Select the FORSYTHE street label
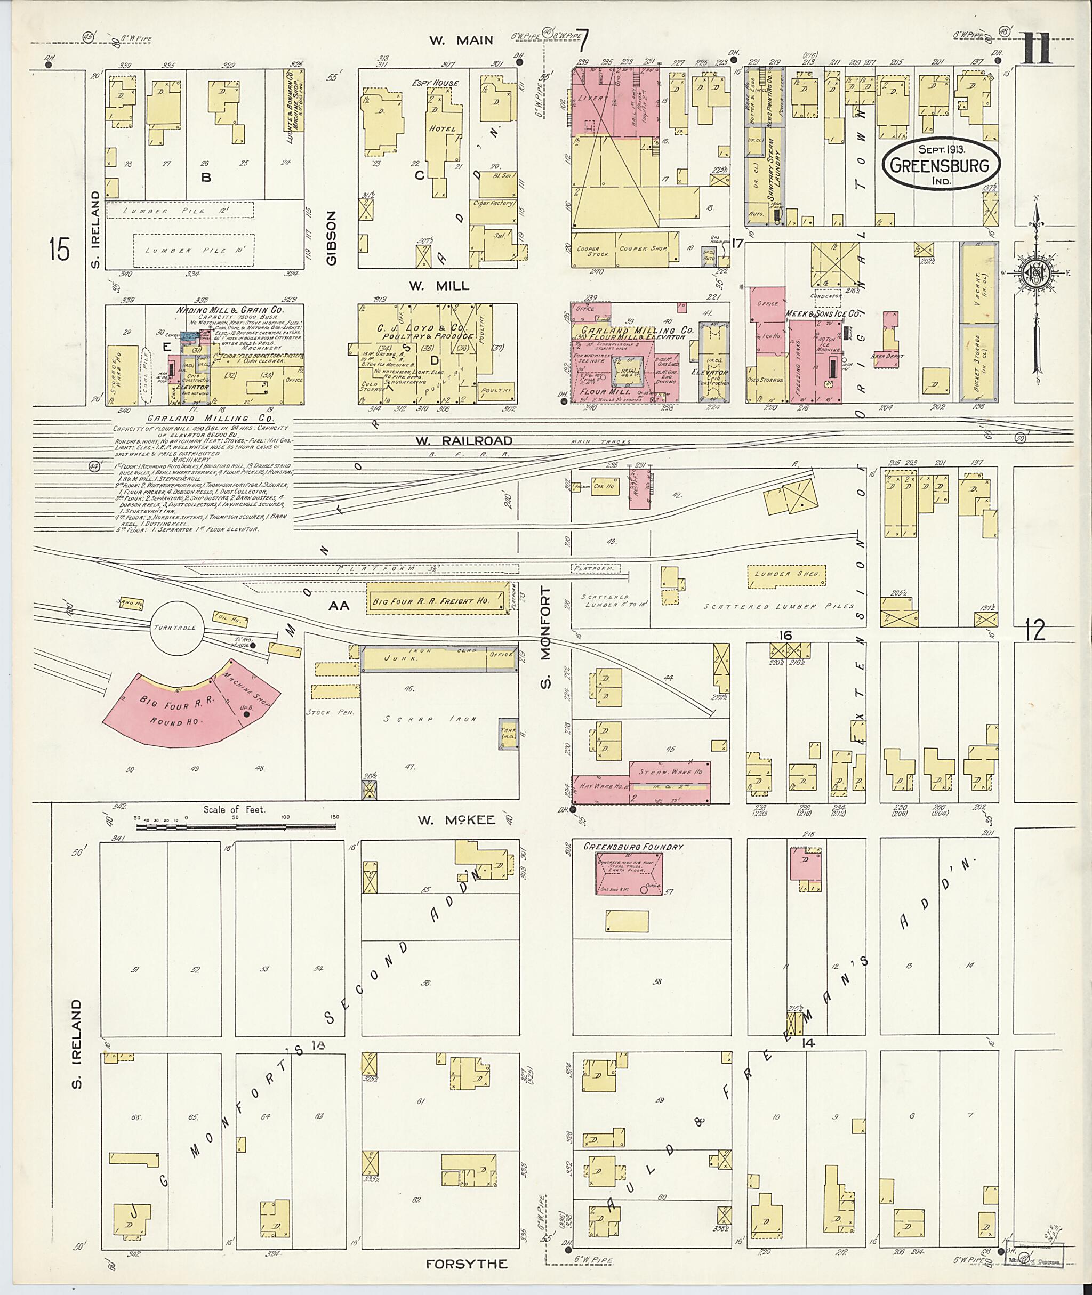(x=467, y=1264)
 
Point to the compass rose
(x=1037, y=273)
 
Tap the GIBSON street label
(x=332, y=238)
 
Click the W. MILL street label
(x=438, y=286)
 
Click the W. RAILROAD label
(x=464, y=441)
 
